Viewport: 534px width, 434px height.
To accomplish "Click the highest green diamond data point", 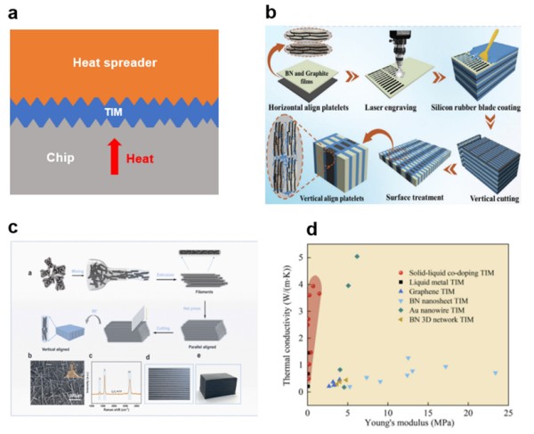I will [x=357, y=257].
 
